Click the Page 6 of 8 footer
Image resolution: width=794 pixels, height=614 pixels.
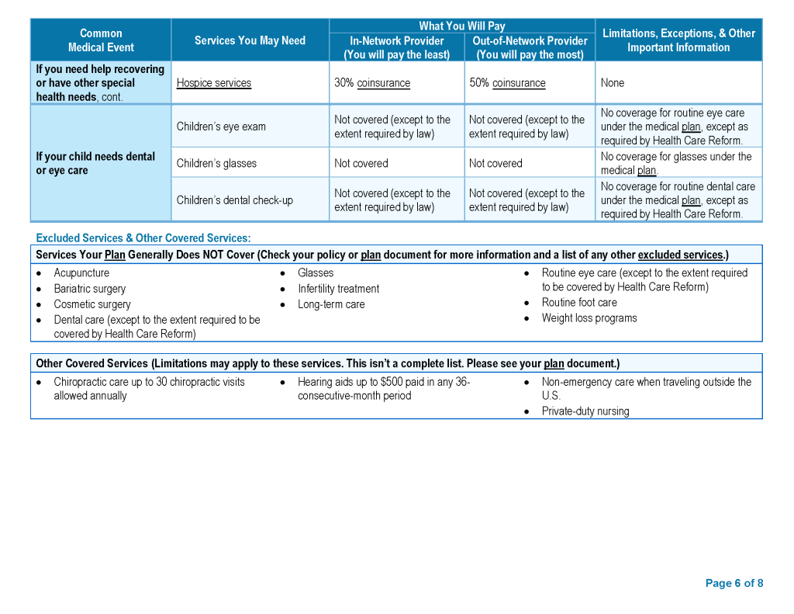(x=734, y=583)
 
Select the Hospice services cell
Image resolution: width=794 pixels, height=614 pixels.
(x=214, y=83)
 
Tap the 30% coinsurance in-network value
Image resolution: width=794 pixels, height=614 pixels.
(x=372, y=83)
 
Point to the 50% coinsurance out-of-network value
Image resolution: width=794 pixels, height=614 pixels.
(x=507, y=83)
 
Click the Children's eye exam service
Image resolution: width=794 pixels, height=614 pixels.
(x=221, y=127)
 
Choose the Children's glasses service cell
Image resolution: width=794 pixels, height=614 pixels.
(x=216, y=163)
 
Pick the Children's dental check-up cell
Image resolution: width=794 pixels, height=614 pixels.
(x=234, y=200)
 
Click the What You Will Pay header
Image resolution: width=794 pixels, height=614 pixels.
(x=461, y=26)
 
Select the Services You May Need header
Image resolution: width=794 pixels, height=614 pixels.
(x=250, y=40)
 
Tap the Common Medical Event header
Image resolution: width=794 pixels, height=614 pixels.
(x=101, y=40)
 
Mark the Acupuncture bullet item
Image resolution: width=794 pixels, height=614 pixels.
(x=81, y=273)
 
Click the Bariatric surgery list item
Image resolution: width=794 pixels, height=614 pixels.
(x=89, y=289)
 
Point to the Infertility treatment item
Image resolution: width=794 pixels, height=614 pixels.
(x=338, y=289)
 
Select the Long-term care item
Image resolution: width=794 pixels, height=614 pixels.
(x=331, y=304)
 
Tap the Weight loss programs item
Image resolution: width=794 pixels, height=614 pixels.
(x=589, y=318)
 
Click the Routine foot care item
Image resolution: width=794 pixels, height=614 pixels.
(x=579, y=303)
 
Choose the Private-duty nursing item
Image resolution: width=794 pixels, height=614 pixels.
(x=585, y=411)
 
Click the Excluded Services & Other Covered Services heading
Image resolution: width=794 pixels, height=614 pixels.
(x=143, y=238)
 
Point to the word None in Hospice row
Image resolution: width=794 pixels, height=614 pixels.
(x=612, y=83)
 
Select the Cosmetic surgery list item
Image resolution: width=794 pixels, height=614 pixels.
(x=92, y=304)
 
